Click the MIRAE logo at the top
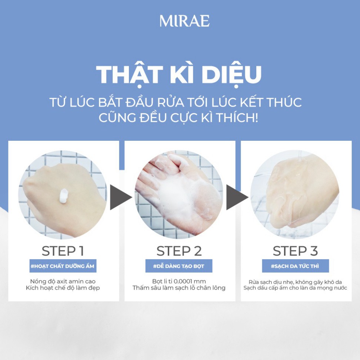(x=184, y=21)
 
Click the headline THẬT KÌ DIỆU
(x=179, y=74)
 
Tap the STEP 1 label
(x=63, y=251)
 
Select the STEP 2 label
(x=179, y=251)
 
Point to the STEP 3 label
(x=295, y=251)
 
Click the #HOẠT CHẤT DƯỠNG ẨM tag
(x=63, y=266)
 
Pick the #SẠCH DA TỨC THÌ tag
(x=295, y=266)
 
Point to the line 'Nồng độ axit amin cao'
(x=63, y=281)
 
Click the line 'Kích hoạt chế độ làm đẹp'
(x=63, y=288)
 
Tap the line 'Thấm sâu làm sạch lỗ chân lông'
(x=179, y=288)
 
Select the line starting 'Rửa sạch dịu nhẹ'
(x=295, y=281)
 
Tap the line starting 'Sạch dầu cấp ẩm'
(x=295, y=288)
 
